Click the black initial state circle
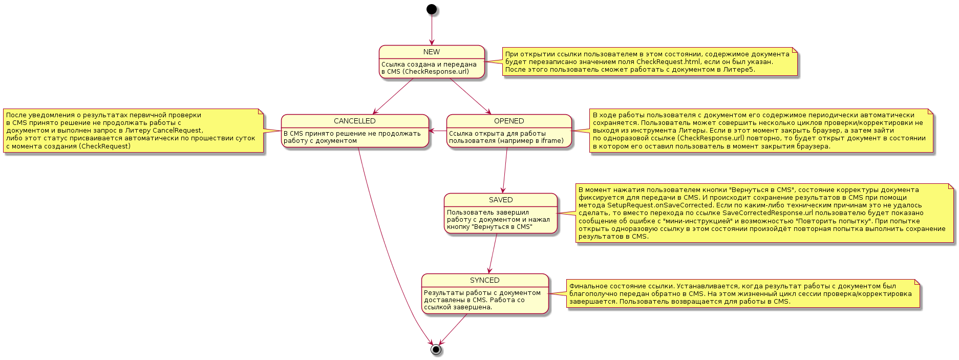point(432,9)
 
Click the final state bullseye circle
point(436,349)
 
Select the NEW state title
point(432,52)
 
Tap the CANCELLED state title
point(355,121)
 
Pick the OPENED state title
point(509,121)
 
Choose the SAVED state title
point(501,200)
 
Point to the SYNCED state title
point(485,280)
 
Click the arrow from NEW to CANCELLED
point(393,96)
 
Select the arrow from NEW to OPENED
point(470,96)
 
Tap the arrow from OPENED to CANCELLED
point(438,131)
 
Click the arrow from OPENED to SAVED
point(505,170)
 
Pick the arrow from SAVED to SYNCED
point(493,253)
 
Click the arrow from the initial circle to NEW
point(432,30)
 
